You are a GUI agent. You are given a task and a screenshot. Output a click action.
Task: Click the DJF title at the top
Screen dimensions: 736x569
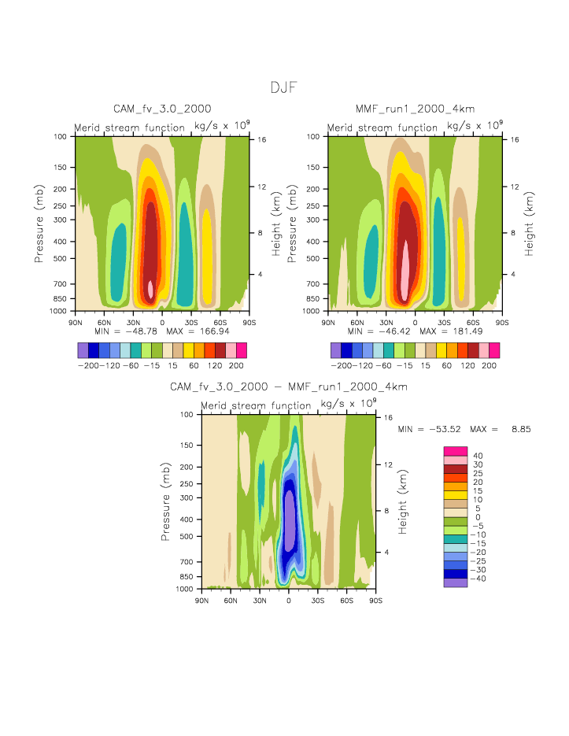click(x=283, y=87)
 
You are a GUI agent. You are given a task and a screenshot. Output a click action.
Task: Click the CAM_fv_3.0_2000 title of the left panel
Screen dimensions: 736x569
click(x=162, y=108)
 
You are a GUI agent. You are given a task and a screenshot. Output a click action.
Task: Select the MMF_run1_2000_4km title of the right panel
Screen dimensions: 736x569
click(x=416, y=108)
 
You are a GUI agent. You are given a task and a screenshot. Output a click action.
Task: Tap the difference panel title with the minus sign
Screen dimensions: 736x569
click(x=289, y=386)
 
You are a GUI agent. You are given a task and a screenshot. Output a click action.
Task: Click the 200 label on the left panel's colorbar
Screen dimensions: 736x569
click(x=236, y=366)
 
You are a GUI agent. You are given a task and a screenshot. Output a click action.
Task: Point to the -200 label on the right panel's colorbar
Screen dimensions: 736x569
click(x=342, y=366)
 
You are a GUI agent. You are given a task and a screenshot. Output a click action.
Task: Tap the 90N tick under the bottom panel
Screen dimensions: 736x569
click(x=201, y=601)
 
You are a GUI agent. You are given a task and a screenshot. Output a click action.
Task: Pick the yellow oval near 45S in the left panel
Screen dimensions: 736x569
click(x=207, y=260)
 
